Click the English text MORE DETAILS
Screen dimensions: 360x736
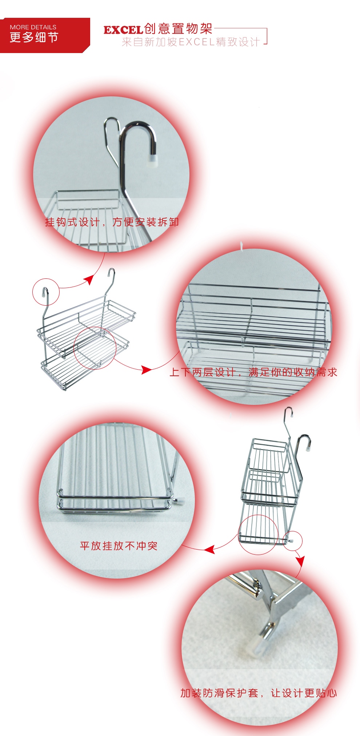pyautogui.click(x=33, y=27)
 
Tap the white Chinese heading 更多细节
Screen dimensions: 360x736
pyautogui.click(x=34, y=37)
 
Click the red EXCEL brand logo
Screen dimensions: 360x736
pyautogui.click(x=123, y=30)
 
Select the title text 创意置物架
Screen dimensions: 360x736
pyautogui.click(x=178, y=28)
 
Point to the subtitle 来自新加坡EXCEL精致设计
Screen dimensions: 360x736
pyautogui.click(x=191, y=42)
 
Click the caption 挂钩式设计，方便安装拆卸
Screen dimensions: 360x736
pyautogui.click(x=112, y=222)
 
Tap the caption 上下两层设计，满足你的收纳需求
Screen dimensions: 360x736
pyautogui.click(x=253, y=372)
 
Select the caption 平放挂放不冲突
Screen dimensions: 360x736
pyautogui.click(x=119, y=546)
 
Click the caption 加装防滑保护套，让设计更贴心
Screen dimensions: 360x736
pyautogui.click(x=259, y=693)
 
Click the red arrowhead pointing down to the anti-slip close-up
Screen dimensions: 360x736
pyautogui.click(x=300, y=561)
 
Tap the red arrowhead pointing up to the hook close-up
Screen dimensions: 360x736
pyautogui.click(x=89, y=280)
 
